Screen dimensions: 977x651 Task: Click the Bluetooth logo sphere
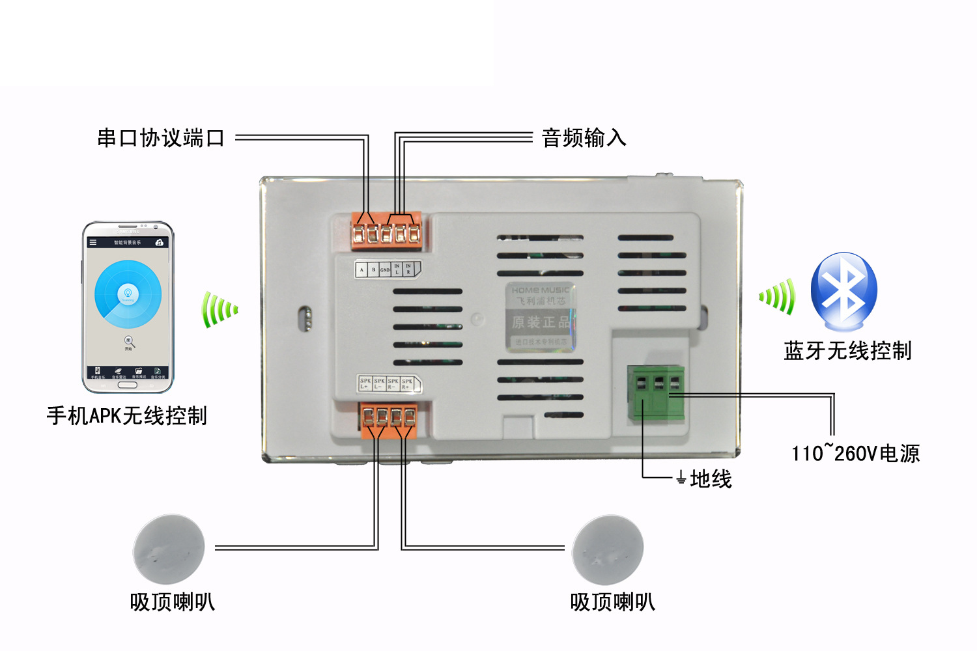pyautogui.click(x=844, y=290)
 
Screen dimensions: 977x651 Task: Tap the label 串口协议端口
pyautogui.click(x=161, y=138)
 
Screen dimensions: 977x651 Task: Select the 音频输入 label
pyautogui.click(x=584, y=138)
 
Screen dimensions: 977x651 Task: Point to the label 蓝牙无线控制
pyautogui.click(x=847, y=351)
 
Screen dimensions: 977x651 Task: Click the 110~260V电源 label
pyautogui.click(x=855, y=453)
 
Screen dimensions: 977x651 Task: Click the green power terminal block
pyautogui.click(x=655, y=393)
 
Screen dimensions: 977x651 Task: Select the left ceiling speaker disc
pyautogui.click(x=169, y=549)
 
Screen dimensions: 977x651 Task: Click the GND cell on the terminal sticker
pyautogui.click(x=385, y=270)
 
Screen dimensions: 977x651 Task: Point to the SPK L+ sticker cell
pyautogui.click(x=365, y=384)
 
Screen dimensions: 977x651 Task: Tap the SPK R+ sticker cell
pyautogui.click(x=407, y=384)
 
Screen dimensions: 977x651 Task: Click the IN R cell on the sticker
pyautogui.click(x=408, y=269)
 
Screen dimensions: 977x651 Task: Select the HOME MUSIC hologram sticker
pyautogui.click(x=540, y=316)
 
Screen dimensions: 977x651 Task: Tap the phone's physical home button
pyautogui.click(x=128, y=385)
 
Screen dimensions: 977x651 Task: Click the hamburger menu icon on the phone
pyautogui.click(x=92, y=242)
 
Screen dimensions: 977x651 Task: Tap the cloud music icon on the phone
pyautogui.click(x=159, y=242)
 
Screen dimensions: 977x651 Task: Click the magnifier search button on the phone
pyautogui.click(x=129, y=341)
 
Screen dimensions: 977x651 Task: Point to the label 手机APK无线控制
pyautogui.click(x=127, y=415)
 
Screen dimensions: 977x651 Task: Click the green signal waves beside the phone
pyautogui.click(x=219, y=310)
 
